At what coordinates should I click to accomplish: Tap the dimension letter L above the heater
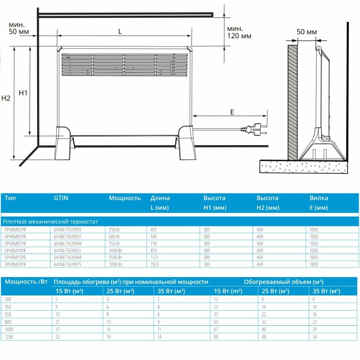pyautogui.click(x=120, y=31)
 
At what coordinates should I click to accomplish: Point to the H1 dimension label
pyautogui.click(x=23, y=93)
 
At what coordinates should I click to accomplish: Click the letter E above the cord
pyautogui.click(x=232, y=112)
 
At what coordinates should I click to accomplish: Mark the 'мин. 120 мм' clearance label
pyautogui.click(x=239, y=32)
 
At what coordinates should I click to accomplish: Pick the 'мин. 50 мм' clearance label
pyautogui.click(x=18, y=28)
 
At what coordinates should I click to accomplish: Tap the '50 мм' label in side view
pyautogui.click(x=307, y=32)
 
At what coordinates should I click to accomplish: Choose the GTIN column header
pyautogui.click(x=61, y=198)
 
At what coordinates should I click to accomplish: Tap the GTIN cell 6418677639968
pyautogui.click(x=67, y=257)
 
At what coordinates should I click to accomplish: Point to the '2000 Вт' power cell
pyautogui.click(x=116, y=265)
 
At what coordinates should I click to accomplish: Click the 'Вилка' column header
pyautogui.click(x=319, y=198)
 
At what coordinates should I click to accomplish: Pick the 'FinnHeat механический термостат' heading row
pyautogui.click(x=50, y=221)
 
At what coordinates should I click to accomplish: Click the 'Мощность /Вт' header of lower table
pyautogui.click(x=26, y=282)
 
